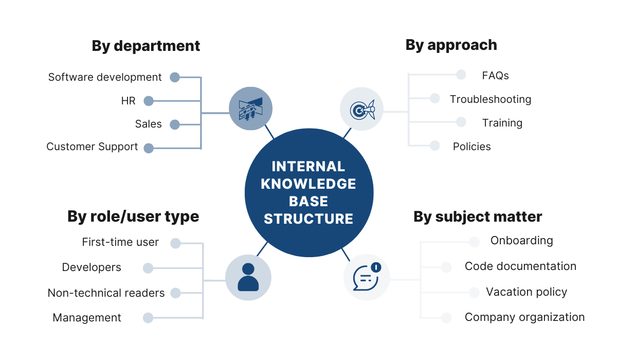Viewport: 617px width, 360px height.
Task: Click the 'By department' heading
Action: [x=146, y=46]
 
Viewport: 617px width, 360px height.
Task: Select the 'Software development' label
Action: [x=105, y=77]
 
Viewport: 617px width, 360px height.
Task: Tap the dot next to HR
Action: [x=149, y=101]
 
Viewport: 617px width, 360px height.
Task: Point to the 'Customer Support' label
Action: [x=92, y=147]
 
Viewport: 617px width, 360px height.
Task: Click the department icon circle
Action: [x=250, y=108]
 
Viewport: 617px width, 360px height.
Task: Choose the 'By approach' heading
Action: [x=451, y=45]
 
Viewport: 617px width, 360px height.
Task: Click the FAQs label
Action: [x=495, y=76]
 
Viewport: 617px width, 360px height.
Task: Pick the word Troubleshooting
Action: [x=491, y=99]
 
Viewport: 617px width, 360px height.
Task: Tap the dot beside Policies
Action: [x=435, y=146]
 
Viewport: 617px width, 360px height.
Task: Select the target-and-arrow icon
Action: [x=362, y=109]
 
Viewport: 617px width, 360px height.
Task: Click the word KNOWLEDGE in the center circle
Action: [x=308, y=184]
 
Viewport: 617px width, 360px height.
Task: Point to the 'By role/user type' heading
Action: [x=133, y=217]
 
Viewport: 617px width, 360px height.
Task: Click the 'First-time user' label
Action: [x=120, y=242]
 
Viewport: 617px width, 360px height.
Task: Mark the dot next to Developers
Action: [x=148, y=268]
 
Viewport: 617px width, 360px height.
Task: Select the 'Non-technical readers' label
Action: [x=106, y=293]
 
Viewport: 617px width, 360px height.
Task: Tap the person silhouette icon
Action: [x=248, y=278]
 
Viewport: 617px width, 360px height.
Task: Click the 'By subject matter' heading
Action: [x=478, y=217]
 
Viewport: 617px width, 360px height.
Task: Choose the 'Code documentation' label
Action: [x=520, y=266]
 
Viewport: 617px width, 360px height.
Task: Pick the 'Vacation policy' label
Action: [x=527, y=292]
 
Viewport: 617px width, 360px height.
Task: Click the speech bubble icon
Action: [x=366, y=278]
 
